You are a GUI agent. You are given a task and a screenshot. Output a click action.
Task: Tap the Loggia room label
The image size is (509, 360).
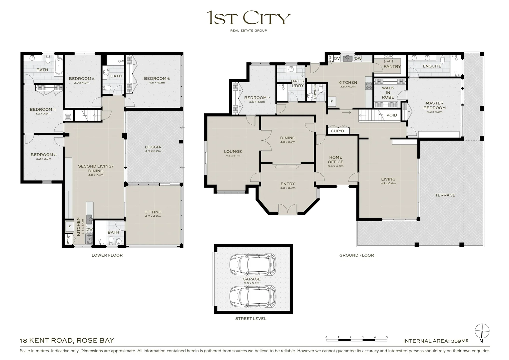[x=153, y=147]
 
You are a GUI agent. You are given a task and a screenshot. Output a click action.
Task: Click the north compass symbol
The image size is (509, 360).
[x=482, y=330]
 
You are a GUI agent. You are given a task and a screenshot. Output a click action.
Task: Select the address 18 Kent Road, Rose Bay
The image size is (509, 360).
[x=67, y=340]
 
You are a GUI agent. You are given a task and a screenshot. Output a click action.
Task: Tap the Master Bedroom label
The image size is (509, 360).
[x=434, y=105]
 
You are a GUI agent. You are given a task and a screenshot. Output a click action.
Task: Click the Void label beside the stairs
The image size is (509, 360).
[x=392, y=115]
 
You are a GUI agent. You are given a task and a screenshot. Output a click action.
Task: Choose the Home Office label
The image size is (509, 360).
[x=335, y=159]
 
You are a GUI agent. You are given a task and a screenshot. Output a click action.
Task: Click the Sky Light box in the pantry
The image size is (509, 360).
[x=388, y=59]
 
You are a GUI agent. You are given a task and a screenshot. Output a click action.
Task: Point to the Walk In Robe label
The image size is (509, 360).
[x=388, y=93]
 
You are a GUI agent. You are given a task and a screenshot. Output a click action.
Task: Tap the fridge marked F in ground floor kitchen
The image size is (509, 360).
[x=331, y=101]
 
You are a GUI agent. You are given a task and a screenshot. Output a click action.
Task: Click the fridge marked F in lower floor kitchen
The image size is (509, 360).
[x=70, y=227]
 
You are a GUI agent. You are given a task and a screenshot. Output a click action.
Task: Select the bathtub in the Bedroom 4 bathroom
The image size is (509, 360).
[x=59, y=66]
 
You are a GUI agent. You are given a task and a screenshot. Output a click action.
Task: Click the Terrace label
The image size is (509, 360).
[x=445, y=195]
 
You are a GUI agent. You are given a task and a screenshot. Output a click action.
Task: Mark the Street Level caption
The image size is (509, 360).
[x=251, y=319]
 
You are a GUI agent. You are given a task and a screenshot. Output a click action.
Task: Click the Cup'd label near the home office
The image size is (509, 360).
[x=337, y=131]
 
